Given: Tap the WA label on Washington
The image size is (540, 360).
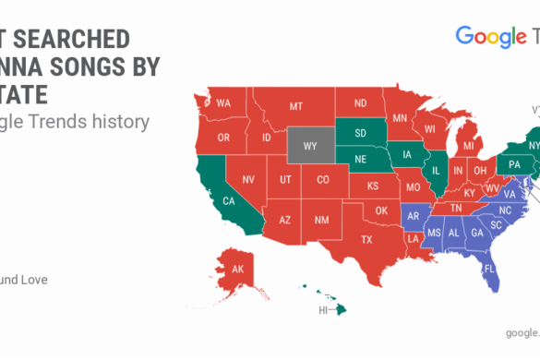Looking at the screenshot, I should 223,103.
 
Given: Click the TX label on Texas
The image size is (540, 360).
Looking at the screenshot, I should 366,239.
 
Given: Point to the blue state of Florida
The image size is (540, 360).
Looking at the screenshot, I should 489,270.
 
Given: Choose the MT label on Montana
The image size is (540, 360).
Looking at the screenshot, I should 295,107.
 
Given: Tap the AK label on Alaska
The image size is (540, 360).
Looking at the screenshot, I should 237,270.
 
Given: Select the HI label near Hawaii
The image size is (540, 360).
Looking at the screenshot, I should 324,309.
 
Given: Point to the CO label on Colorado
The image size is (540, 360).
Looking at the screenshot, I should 322,179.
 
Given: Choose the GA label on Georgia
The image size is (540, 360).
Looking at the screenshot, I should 476,234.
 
